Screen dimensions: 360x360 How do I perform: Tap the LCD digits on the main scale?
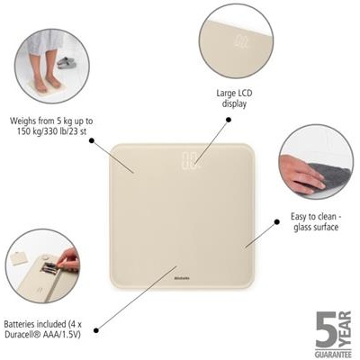187,163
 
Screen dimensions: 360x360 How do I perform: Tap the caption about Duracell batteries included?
43,331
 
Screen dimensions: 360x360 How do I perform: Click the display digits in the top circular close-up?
241,41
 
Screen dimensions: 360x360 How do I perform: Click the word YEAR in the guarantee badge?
347,328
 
